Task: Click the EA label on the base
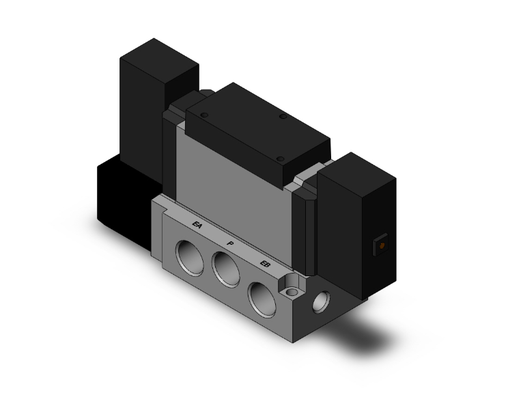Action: click(197, 225)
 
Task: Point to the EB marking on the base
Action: click(266, 264)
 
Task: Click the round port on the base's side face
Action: click(320, 301)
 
